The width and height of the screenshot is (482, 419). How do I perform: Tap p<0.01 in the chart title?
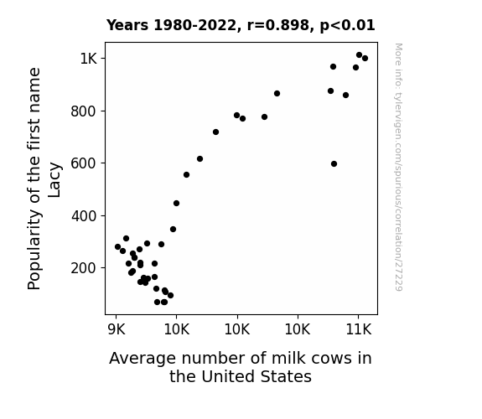(x=347, y=26)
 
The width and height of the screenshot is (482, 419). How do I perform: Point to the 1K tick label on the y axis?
(x=89, y=59)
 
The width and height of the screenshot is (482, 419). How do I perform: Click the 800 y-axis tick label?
(x=84, y=111)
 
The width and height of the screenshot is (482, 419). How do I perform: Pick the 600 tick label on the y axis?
(x=84, y=163)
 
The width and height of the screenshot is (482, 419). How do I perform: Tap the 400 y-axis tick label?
(x=84, y=216)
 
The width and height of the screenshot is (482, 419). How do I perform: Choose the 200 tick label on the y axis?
(x=84, y=268)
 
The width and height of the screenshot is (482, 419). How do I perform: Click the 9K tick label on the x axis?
(x=117, y=329)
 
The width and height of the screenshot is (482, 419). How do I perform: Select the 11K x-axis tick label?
(x=359, y=329)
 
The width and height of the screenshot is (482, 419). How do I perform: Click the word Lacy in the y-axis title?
(x=54, y=180)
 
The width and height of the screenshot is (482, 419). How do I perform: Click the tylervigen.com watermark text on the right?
(x=398, y=168)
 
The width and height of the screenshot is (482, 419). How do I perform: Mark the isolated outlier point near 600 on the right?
(x=334, y=164)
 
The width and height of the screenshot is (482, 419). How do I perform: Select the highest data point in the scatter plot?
(x=359, y=55)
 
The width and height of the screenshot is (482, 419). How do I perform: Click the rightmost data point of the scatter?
(x=365, y=58)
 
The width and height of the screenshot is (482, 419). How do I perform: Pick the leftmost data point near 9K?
(x=117, y=247)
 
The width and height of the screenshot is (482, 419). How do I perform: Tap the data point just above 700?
(x=215, y=132)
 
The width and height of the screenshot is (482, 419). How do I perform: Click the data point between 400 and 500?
(x=176, y=203)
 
